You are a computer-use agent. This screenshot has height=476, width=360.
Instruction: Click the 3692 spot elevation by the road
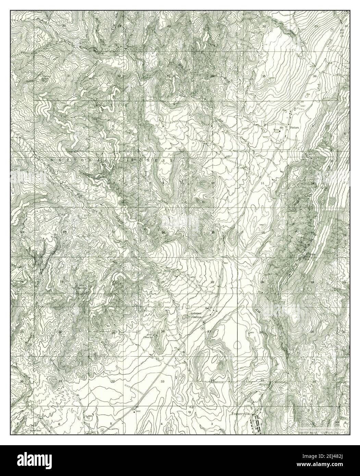138,410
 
